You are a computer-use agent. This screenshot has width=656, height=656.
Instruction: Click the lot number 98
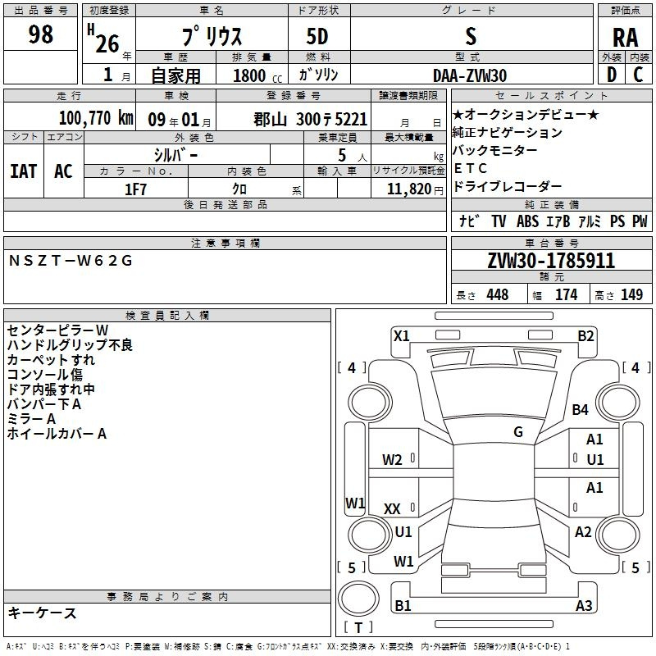click(x=40, y=34)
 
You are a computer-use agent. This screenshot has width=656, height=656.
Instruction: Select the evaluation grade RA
click(x=625, y=38)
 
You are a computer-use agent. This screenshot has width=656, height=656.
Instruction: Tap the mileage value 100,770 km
click(x=96, y=118)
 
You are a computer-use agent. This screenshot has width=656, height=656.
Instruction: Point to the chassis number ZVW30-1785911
click(x=551, y=260)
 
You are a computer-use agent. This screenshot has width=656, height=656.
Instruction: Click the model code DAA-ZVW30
click(x=470, y=75)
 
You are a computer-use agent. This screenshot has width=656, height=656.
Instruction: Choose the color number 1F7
click(x=135, y=189)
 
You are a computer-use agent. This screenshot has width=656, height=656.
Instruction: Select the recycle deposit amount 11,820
click(x=409, y=189)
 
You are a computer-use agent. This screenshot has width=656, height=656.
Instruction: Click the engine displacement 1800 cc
click(x=257, y=75)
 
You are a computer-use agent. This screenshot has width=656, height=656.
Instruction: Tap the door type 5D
click(x=317, y=36)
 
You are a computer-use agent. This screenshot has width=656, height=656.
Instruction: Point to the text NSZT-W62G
click(x=71, y=261)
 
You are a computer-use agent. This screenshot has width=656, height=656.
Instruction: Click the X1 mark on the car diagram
click(x=401, y=336)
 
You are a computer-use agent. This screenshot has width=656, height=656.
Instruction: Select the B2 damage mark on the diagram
click(x=585, y=336)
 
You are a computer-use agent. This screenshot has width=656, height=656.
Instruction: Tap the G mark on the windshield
click(x=518, y=431)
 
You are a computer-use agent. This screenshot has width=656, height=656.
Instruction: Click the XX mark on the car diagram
click(x=392, y=508)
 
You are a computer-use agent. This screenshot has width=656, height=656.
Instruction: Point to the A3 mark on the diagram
click(x=584, y=605)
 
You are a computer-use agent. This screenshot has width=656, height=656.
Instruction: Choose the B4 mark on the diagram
click(x=580, y=409)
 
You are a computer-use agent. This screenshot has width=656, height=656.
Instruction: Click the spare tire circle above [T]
click(x=358, y=599)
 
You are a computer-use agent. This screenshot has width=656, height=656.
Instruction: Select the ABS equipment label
click(x=527, y=221)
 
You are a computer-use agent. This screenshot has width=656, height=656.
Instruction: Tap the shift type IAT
click(x=24, y=171)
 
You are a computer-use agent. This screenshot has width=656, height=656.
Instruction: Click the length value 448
click(x=498, y=294)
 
